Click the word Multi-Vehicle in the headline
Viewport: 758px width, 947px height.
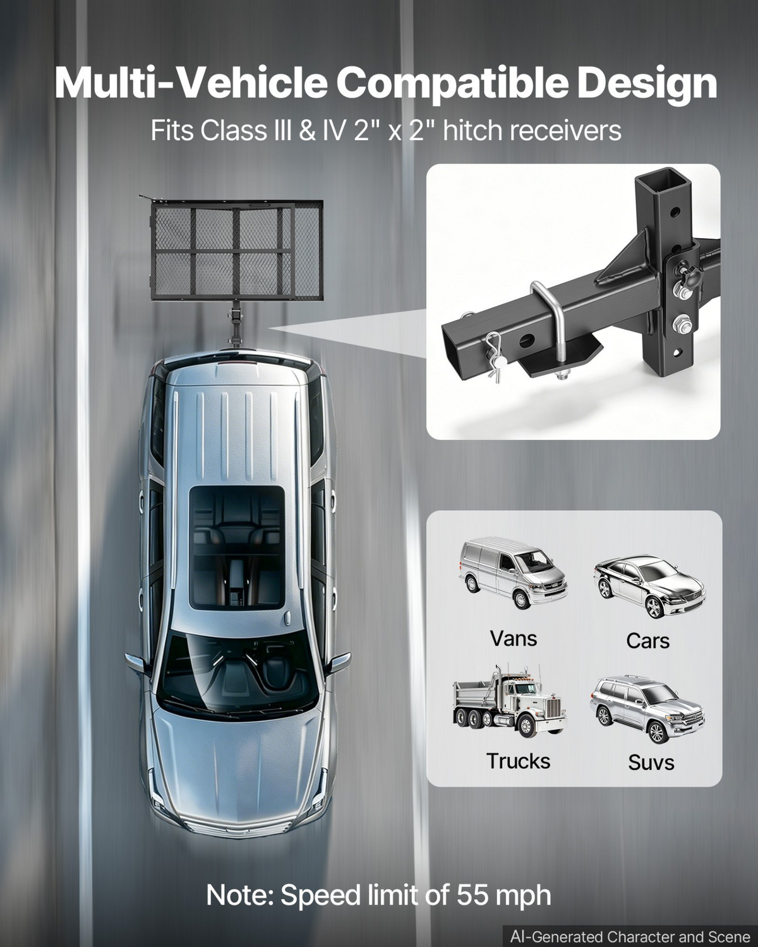click(191, 83)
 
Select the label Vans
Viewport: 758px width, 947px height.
click(513, 638)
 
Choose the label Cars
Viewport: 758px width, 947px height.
click(647, 641)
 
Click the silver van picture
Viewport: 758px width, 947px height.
click(513, 571)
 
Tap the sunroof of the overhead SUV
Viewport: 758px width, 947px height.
click(236, 548)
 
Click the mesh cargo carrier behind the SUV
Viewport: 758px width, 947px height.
click(236, 250)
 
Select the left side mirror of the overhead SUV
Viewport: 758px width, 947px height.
click(136, 663)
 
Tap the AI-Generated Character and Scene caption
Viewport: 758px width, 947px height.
click(630, 936)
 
